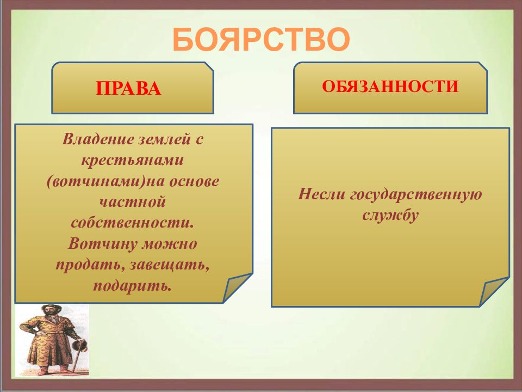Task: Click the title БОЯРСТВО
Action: click(262, 39)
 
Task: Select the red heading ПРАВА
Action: click(128, 89)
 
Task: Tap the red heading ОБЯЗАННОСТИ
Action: click(390, 87)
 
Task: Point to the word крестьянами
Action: click(133, 161)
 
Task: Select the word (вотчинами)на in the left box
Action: click(105, 182)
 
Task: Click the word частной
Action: click(133, 202)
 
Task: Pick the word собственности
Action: click(132, 223)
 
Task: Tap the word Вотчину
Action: click(103, 244)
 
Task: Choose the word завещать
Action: click(170, 265)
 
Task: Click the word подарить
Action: click(133, 286)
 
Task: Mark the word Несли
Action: click(321, 194)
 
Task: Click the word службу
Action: click(390, 216)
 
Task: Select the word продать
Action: click(90, 265)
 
